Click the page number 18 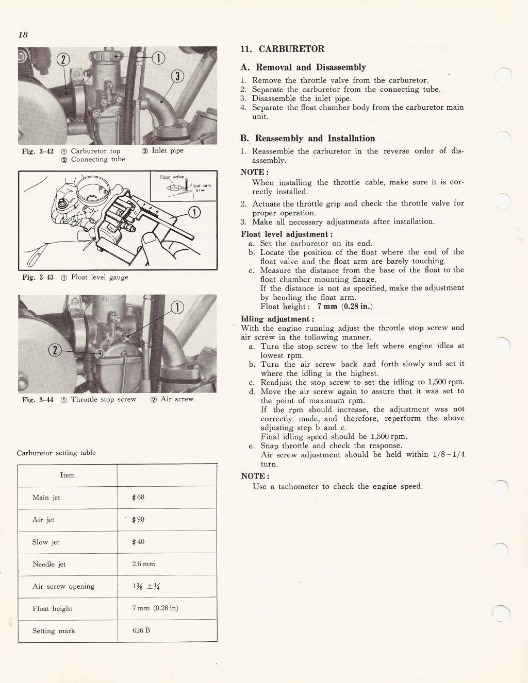tap(23, 35)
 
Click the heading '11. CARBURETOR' tap(283, 49)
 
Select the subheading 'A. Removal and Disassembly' tap(303, 67)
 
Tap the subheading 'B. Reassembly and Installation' tap(308, 138)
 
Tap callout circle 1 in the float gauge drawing tap(195, 211)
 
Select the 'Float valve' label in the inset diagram tap(172, 177)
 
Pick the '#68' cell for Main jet tap(138, 498)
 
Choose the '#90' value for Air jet tap(138, 520)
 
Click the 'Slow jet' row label tap(46, 542)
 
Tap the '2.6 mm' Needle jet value tap(143, 564)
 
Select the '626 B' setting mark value tap(141, 630)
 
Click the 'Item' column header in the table tap(68, 475)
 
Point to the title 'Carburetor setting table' tap(56, 453)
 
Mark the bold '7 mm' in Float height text tap(327, 306)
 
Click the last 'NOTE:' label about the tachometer tap(255, 476)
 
